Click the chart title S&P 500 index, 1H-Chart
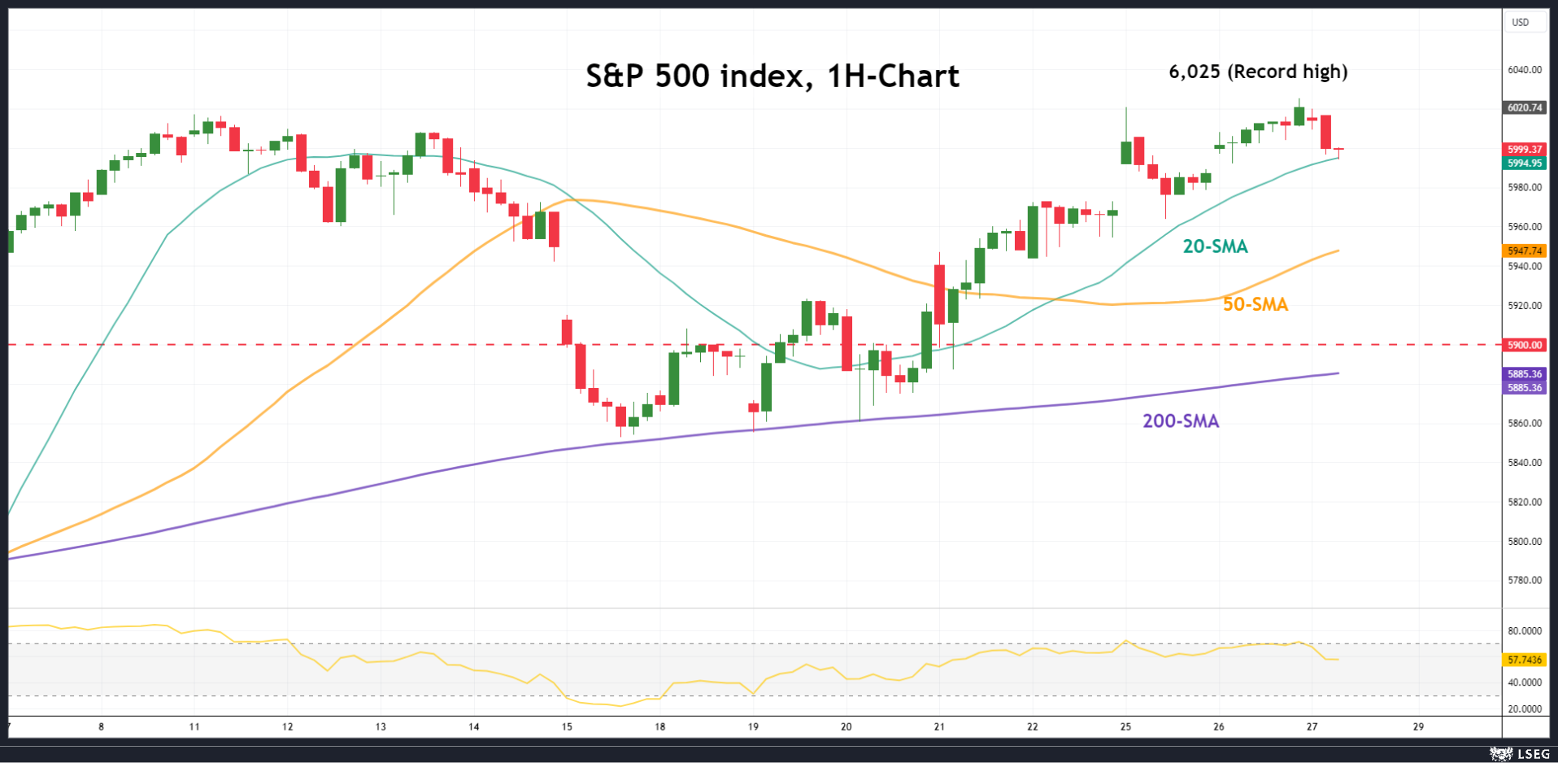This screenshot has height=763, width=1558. click(x=772, y=76)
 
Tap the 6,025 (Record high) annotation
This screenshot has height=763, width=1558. click(x=1258, y=72)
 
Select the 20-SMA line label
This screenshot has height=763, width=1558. click(x=1215, y=246)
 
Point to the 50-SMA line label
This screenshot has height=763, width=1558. click(x=1256, y=304)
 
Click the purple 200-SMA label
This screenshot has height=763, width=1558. click(x=1181, y=421)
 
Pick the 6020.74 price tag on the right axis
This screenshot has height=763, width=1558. click(x=1525, y=107)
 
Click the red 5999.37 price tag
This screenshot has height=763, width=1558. click(x=1525, y=150)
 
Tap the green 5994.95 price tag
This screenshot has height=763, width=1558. click(x=1525, y=163)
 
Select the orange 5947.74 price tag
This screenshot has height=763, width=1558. click(x=1525, y=251)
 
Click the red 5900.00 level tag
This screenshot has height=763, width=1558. click(x=1525, y=345)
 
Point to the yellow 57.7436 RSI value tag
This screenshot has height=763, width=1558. click(x=1525, y=660)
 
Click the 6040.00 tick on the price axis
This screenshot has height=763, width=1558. click(x=1525, y=70)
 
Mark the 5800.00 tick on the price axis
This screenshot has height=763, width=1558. click(x=1525, y=541)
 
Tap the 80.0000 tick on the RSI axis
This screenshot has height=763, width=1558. click(x=1525, y=631)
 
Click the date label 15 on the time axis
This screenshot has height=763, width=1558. click(x=567, y=726)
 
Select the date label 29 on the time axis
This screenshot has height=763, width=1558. click(x=1418, y=726)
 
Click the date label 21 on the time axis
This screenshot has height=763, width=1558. click(x=939, y=726)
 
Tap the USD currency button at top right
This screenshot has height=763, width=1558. click(x=1520, y=23)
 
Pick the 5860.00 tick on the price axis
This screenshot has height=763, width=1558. click(x=1525, y=423)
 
